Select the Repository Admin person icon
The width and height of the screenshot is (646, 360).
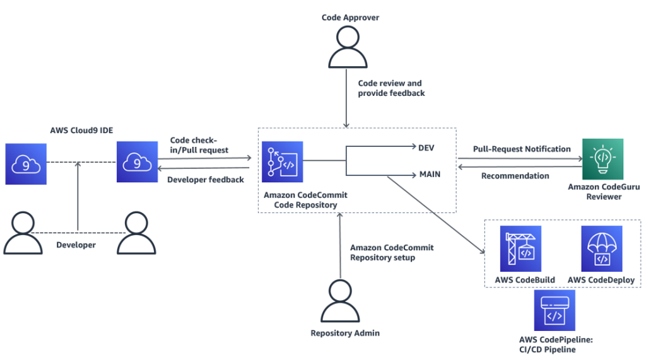click(340, 301)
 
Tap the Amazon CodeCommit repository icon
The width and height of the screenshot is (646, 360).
click(283, 161)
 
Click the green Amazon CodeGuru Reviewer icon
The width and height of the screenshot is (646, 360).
click(602, 159)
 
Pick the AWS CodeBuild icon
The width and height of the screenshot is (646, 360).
click(520, 248)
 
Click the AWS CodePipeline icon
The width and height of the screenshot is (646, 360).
click(555, 311)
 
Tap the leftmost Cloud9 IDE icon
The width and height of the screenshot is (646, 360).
click(26, 163)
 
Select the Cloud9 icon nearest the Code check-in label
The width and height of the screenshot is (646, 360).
click(136, 163)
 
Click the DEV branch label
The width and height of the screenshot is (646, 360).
click(426, 148)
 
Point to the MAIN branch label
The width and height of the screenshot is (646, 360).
click(429, 173)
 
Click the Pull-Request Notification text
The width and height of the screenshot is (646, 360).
click(522, 149)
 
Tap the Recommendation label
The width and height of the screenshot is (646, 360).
click(515, 176)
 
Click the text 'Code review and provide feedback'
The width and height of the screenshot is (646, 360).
click(391, 88)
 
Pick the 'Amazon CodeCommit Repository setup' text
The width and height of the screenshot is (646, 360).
click(392, 252)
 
